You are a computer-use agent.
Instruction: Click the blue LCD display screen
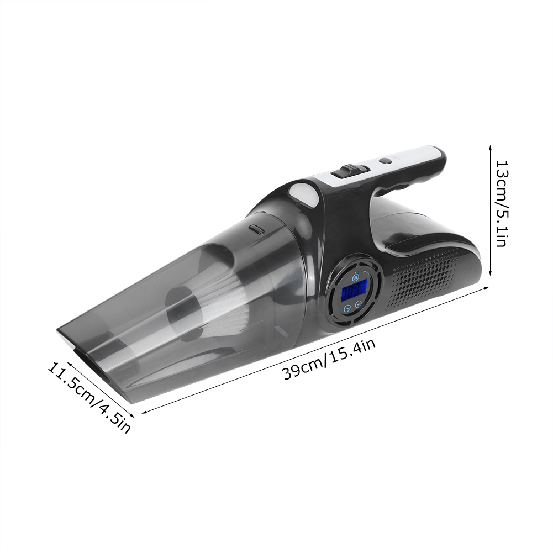[x=355, y=289]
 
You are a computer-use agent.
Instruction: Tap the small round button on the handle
[x=385, y=161]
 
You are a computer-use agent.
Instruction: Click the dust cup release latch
[x=256, y=229]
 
